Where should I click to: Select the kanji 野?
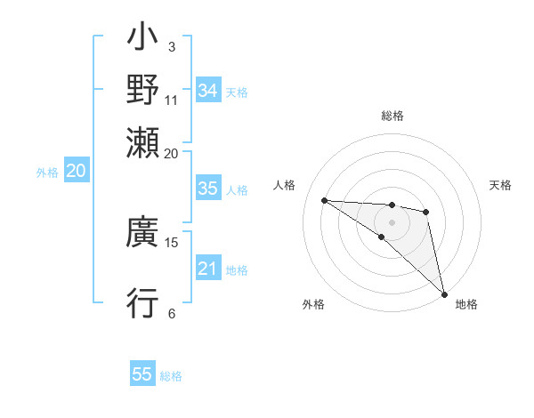click(143, 89)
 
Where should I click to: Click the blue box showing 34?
click(207, 91)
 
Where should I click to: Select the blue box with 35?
click(207, 189)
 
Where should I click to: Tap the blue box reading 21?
click(207, 269)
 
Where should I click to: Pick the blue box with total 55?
click(142, 374)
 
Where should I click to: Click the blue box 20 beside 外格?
click(76, 171)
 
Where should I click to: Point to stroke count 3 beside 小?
click(171, 46)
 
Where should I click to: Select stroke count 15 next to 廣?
click(172, 242)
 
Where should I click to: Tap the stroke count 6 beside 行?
click(171, 313)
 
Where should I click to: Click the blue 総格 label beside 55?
click(171, 376)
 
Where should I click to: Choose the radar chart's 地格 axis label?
click(466, 304)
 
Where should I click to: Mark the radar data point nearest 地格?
click(444, 293)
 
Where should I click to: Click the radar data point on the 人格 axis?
click(324, 200)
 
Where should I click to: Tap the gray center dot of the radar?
click(392, 221)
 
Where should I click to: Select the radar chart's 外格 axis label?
click(313, 304)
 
